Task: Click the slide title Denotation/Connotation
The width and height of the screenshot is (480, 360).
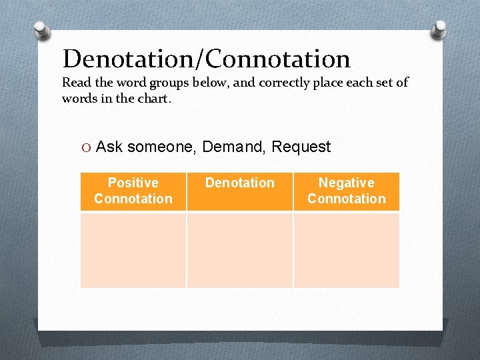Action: click(206, 59)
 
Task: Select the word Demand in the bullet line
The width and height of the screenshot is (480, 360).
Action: click(233, 147)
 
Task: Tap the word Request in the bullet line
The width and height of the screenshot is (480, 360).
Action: click(301, 147)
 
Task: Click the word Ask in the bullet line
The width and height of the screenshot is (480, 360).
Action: click(109, 147)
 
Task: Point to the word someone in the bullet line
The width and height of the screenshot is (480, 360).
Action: click(159, 147)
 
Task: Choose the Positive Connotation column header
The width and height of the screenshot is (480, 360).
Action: click(133, 191)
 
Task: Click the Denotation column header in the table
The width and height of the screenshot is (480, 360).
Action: click(239, 183)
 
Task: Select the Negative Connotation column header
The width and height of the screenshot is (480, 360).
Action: click(346, 191)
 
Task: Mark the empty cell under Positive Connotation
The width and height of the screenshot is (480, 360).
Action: click(133, 250)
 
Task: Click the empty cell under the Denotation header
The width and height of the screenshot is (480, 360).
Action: click(239, 250)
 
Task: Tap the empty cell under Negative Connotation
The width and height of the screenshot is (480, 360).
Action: click(346, 250)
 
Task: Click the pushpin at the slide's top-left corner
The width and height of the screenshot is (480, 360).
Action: click(41, 31)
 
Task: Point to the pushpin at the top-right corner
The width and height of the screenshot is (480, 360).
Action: click(439, 29)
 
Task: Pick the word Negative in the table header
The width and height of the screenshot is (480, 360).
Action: click(346, 183)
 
